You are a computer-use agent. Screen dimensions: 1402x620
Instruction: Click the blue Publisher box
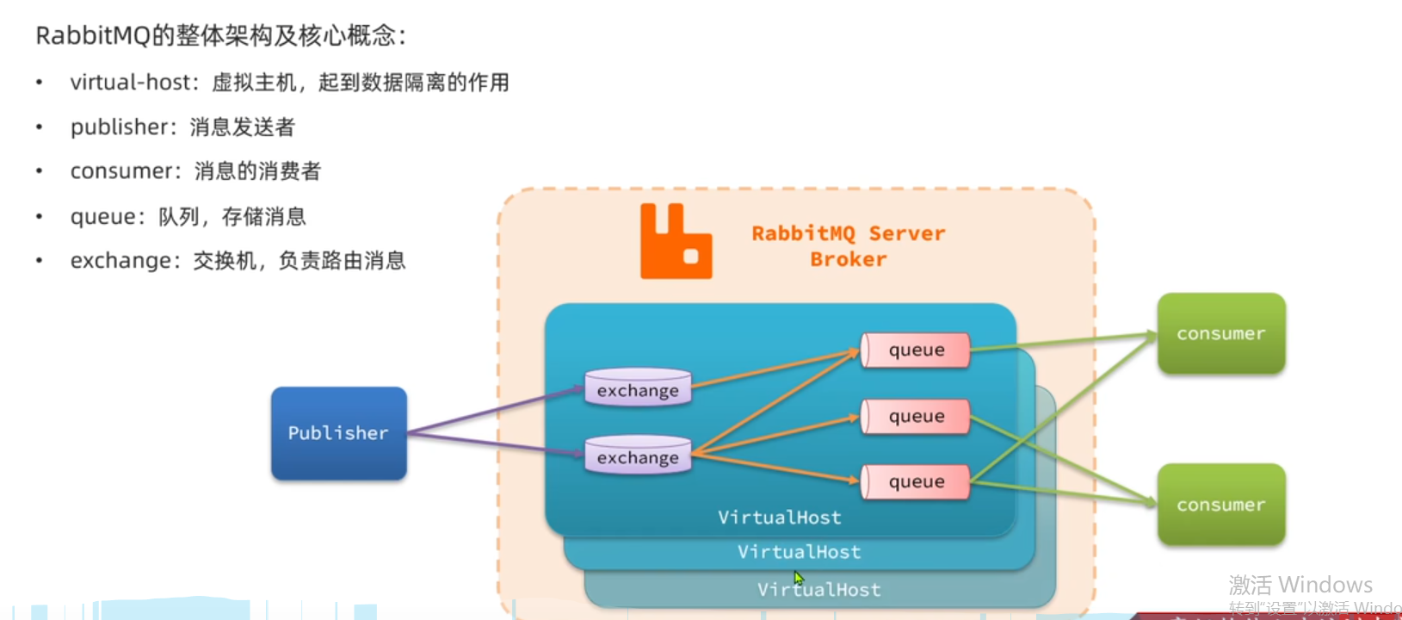[338, 433]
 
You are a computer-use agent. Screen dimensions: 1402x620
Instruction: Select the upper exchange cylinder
[638, 387]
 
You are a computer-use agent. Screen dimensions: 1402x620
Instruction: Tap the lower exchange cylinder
[638, 455]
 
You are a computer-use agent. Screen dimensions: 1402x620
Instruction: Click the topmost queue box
[915, 350]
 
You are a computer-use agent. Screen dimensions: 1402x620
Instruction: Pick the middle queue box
[915, 416]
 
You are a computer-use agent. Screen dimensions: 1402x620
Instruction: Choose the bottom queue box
[915, 481]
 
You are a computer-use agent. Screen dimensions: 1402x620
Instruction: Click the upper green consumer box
[1221, 333]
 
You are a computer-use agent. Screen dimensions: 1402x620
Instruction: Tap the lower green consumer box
[1221, 504]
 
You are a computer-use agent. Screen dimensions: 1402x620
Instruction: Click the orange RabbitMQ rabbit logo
[676, 241]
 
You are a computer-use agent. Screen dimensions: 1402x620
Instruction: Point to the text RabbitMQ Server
[849, 233]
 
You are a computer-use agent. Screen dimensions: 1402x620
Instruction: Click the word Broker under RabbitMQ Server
[849, 259]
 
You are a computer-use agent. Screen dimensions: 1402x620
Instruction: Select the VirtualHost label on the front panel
[779, 518]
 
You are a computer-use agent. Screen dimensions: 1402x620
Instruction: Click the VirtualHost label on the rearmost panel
[818, 589]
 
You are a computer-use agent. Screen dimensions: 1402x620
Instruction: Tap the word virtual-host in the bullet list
[130, 82]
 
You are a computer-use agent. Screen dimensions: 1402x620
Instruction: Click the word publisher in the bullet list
[119, 127]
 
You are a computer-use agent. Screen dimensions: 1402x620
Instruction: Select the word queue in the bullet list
[102, 217]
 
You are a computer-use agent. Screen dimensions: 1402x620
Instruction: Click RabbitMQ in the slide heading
[93, 35]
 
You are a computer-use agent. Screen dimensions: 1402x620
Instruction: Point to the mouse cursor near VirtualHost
[798, 578]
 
